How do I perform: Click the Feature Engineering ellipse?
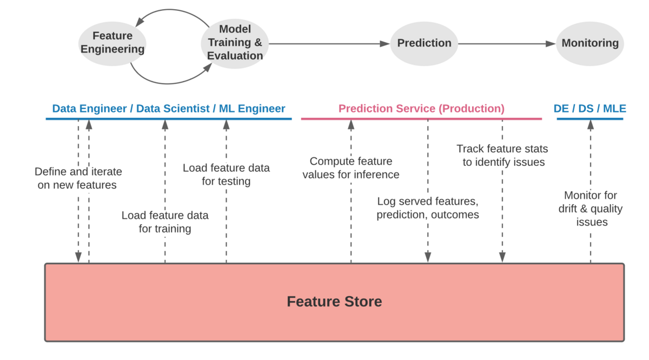click(112, 43)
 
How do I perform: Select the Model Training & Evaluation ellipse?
click(235, 43)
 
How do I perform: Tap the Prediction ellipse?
click(424, 43)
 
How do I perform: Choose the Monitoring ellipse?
click(590, 43)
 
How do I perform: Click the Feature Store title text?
click(334, 302)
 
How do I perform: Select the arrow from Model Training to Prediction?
click(329, 44)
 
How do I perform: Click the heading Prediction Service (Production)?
click(421, 109)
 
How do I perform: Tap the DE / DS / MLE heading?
click(590, 109)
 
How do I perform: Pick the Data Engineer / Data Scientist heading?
click(169, 109)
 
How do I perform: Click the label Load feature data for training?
click(165, 222)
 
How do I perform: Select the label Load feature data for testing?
click(226, 175)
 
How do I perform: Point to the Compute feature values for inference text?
click(351, 168)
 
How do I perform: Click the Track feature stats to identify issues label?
click(502, 155)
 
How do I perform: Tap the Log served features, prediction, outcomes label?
click(428, 208)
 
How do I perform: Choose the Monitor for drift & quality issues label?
click(591, 209)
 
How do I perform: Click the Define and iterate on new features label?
click(78, 178)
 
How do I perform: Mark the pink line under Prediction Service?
click(421, 119)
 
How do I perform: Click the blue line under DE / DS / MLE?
click(590, 119)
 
